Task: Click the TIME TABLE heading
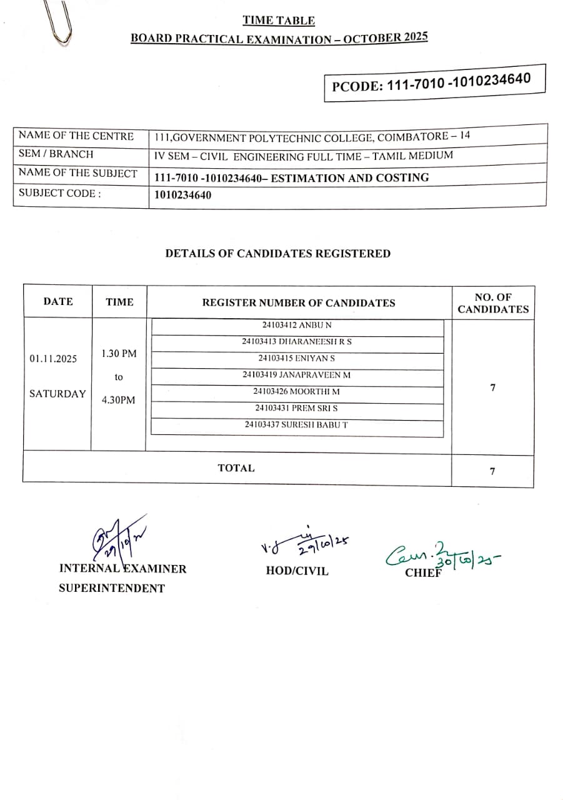click(x=279, y=21)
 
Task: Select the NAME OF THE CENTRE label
click(x=76, y=136)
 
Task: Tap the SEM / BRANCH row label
click(x=56, y=154)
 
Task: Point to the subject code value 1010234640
click(x=183, y=195)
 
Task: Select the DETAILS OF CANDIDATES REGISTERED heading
click(x=278, y=254)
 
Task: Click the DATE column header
click(x=58, y=301)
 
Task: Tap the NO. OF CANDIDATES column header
click(x=493, y=303)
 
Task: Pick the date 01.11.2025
click(x=54, y=359)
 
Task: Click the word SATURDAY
click(x=57, y=394)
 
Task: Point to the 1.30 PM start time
click(x=119, y=354)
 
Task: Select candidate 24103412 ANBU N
click(x=297, y=326)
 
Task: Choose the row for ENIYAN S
click(x=297, y=359)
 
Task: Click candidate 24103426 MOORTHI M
click(x=297, y=391)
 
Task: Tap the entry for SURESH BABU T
click(x=297, y=424)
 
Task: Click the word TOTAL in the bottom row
click(x=236, y=468)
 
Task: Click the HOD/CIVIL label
click(x=297, y=571)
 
